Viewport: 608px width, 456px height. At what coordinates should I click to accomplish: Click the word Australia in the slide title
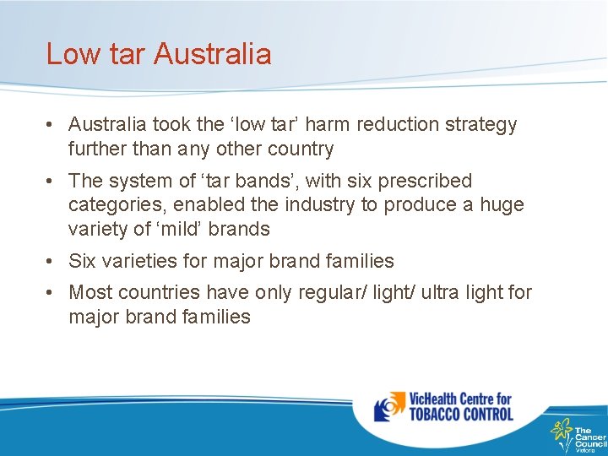[213, 54]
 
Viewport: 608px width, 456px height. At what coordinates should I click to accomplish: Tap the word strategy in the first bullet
[481, 125]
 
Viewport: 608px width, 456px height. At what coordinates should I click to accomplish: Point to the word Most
[89, 292]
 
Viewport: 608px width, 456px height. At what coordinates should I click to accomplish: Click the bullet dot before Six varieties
[52, 261]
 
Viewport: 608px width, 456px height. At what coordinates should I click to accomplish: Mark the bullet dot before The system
[52, 182]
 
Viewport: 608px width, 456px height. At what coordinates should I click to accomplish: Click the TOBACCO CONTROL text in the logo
[461, 414]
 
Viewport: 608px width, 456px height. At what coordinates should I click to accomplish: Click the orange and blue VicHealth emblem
[389, 407]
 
